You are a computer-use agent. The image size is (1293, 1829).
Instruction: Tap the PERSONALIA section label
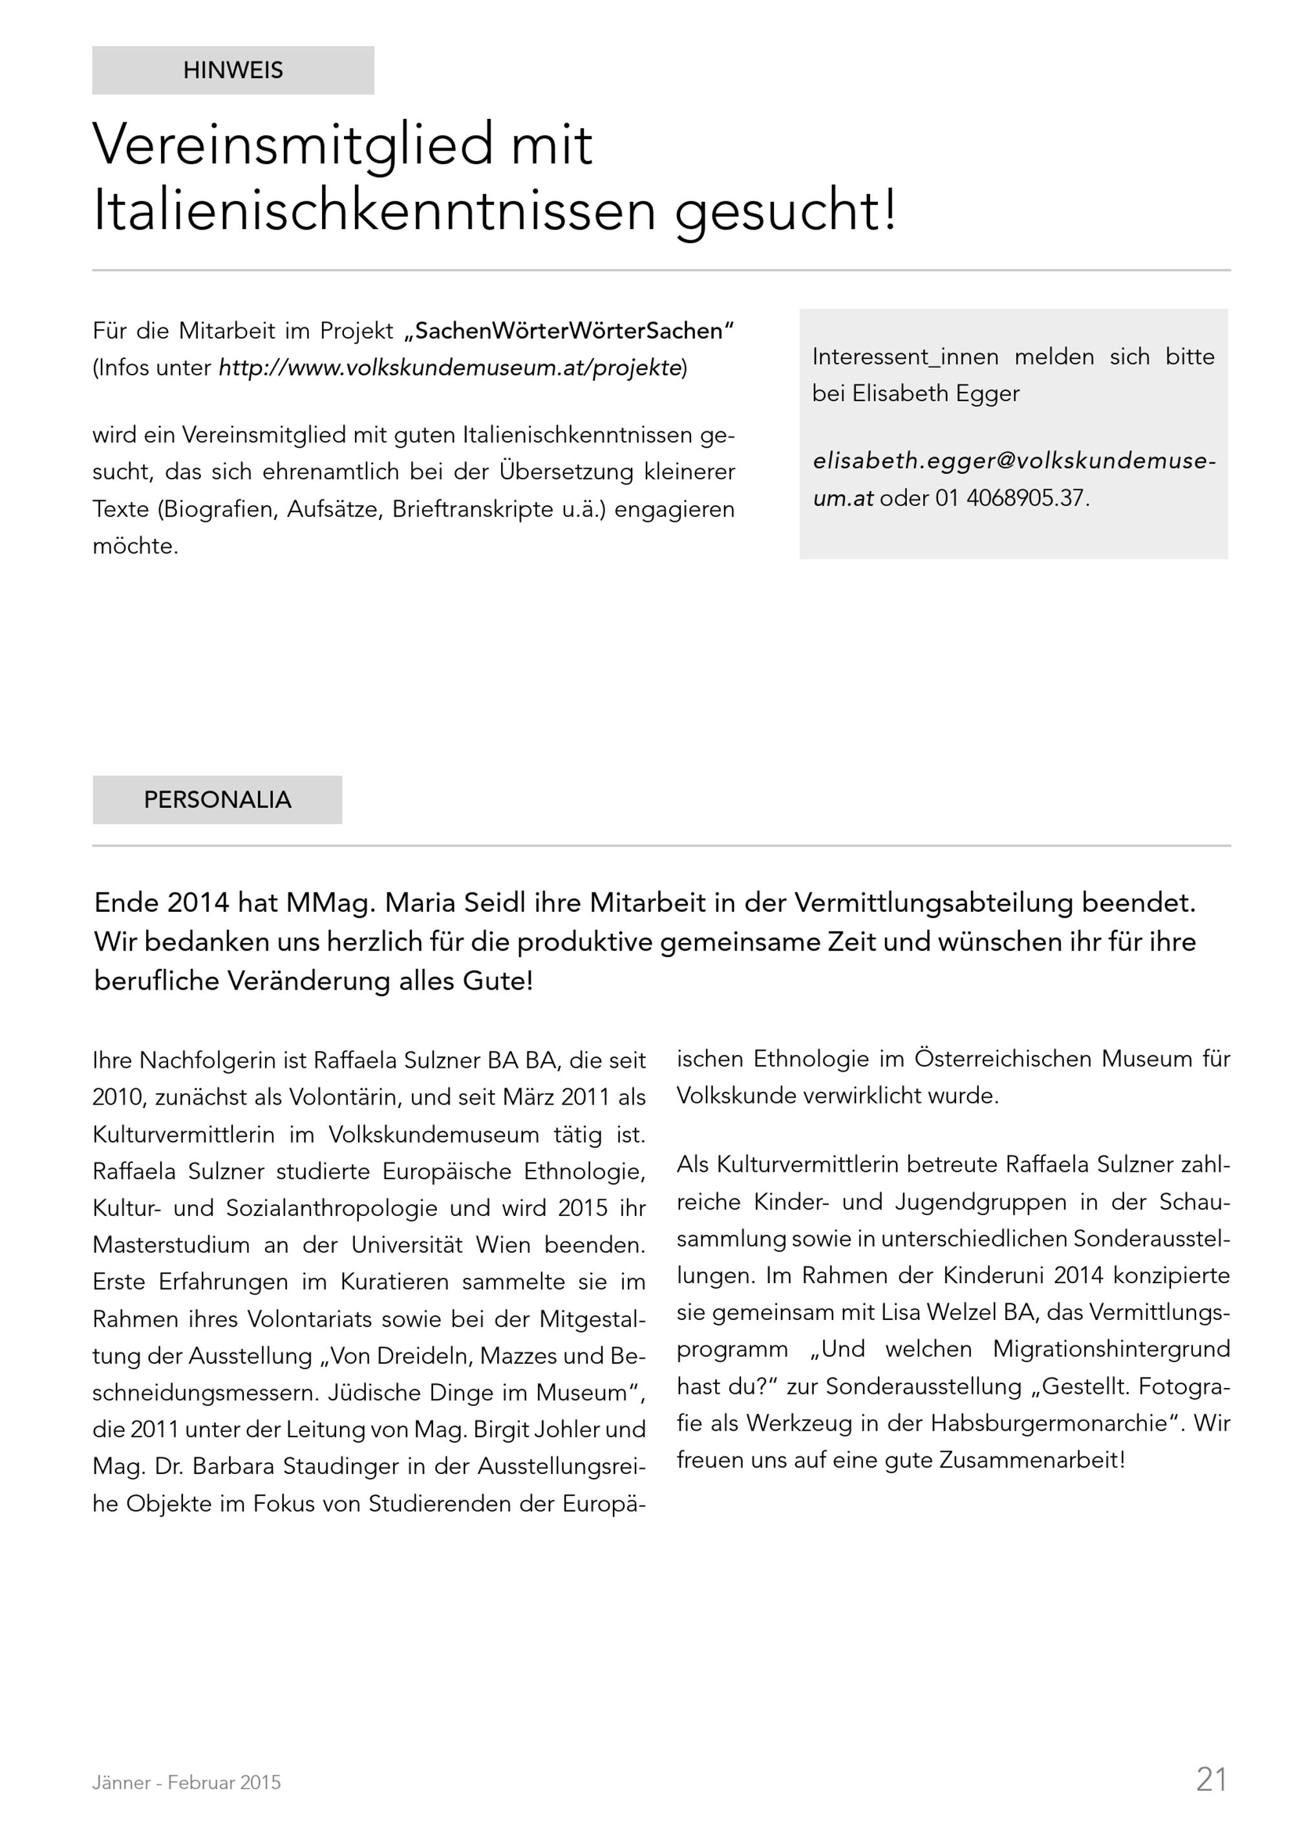point(217,800)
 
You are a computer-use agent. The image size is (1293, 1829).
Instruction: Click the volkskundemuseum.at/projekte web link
point(451,368)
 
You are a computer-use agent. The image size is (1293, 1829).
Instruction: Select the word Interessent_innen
point(905,357)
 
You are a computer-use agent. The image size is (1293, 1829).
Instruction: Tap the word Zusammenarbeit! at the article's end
point(1032,1460)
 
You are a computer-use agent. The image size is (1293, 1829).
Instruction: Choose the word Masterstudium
point(171,1245)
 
